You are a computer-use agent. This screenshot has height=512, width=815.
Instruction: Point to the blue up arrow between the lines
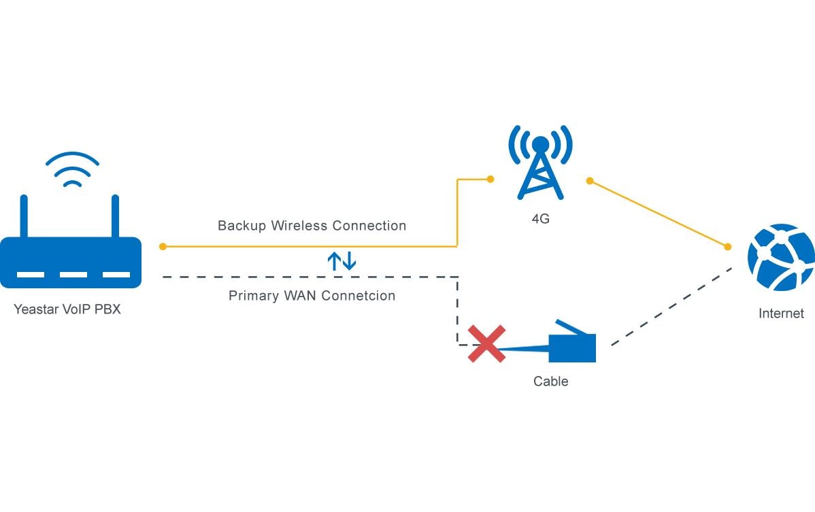tap(334, 261)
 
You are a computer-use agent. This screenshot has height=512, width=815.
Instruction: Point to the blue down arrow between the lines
tap(349, 261)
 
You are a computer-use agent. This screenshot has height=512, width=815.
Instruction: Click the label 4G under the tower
tap(540, 219)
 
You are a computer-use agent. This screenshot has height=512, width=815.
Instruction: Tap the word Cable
tap(550, 381)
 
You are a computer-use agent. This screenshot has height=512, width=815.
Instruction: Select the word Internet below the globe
tap(781, 313)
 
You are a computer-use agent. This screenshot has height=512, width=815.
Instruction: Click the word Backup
tap(242, 226)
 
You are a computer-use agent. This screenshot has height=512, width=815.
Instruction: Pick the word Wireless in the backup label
tap(297, 226)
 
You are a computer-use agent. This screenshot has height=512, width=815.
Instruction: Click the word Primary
tap(251, 296)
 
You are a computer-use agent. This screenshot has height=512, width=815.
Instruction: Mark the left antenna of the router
tap(24, 216)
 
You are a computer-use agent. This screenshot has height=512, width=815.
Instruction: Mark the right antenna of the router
tap(115, 216)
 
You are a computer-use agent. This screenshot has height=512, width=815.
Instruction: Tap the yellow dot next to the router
tap(163, 246)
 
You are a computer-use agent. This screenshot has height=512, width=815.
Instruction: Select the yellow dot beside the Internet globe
tap(727, 246)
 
